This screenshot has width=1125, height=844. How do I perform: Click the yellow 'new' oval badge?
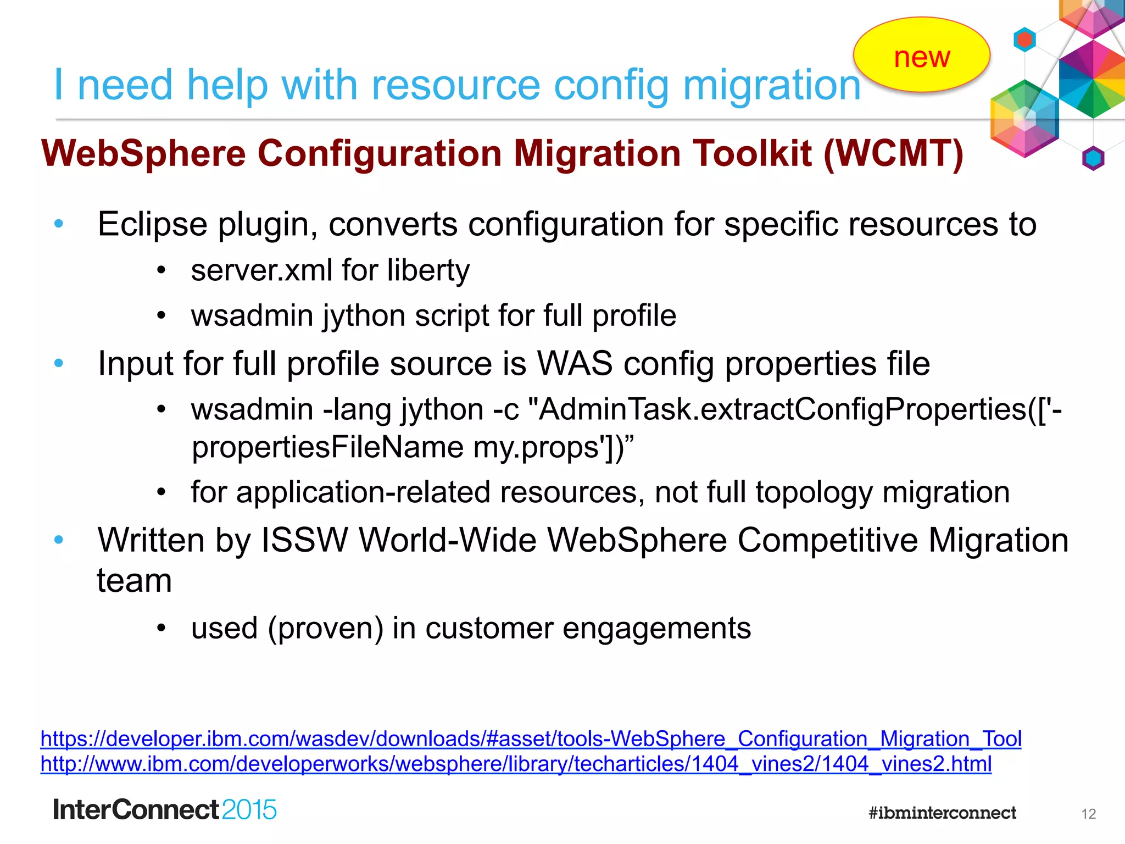(x=921, y=55)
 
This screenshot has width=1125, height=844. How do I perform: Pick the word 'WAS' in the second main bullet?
(x=575, y=364)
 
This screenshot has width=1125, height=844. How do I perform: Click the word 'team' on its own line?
(x=135, y=581)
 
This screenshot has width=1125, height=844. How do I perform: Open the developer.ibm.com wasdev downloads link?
(x=531, y=739)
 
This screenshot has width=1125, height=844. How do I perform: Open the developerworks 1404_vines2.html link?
(x=516, y=764)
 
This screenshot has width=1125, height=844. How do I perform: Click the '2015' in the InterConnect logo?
(x=249, y=810)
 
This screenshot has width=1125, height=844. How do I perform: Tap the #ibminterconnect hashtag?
(x=942, y=813)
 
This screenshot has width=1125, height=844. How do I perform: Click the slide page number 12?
(x=1088, y=814)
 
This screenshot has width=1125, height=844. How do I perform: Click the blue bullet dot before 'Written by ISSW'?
(x=59, y=540)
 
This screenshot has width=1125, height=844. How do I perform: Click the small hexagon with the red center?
(x=1024, y=40)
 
